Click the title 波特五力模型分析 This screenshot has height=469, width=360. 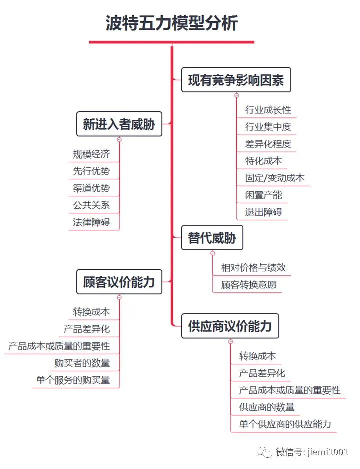(x=172, y=23)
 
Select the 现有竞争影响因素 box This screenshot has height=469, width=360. (x=236, y=80)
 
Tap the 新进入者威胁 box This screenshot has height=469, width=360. (x=119, y=124)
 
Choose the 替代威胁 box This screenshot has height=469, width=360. (x=212, y=237)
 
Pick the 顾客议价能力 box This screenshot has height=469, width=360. (x=119, y=282)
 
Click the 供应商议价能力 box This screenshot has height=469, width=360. (x=230, y=326)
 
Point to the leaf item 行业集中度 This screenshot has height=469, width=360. (x=268, y=127)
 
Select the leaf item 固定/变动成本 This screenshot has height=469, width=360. (x=275, y=178)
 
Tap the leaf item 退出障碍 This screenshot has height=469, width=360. (x=263, y=212)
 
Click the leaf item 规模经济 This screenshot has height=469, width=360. (x=91, y=154)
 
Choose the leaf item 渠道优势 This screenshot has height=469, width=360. (x=91, y=188)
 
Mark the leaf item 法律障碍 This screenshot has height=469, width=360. (x=91, y=222)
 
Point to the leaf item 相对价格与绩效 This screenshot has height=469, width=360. (x=253, y=267)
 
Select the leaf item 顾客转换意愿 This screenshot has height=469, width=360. (x=249, y=285)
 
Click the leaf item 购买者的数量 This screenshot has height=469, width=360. (x=82, y=363)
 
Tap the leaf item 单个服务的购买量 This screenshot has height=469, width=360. (x=73, y=380)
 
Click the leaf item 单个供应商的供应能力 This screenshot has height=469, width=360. (x=285, y=424)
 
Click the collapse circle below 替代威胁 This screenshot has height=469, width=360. (x=213, y=253)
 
